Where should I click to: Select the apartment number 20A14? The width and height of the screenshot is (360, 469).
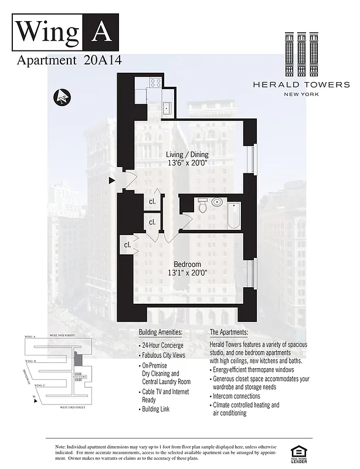click(x=103, y=60)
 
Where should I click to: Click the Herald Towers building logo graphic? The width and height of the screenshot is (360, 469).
click(x=297, y=53)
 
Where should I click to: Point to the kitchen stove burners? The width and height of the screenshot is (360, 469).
click(x=156, y=83)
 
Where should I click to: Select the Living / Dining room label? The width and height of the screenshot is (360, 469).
click(x=187, y=154)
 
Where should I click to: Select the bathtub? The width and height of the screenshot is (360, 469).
click(x=233, y=215)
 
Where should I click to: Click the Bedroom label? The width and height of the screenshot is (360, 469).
click(x=188, y=264)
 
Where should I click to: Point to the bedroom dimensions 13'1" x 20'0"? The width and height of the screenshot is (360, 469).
click(x=188, y=273)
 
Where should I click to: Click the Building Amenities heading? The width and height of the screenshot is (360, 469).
click(x=160, y=332)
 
